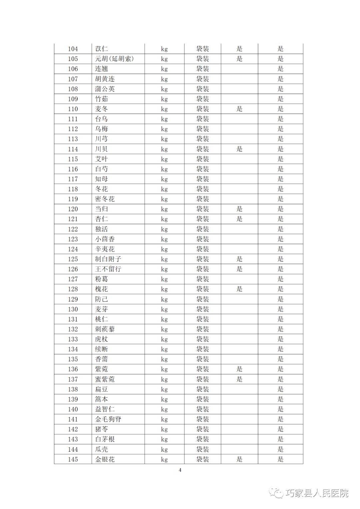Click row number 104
click(x=73, y=49)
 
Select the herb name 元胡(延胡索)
click(x=114, y=59)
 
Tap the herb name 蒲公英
click(x=105, y=89)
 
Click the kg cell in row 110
click(x=164, y=109)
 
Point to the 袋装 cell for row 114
click(x=202, y=149)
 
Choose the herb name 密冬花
click(x=105, y=199)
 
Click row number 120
click(x=73, y=209)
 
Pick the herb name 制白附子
click(x=108, y=259)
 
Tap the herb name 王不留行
click(x=108, y=269)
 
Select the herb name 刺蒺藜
click(x=105, y=329)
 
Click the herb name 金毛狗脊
click(x=108, y=419)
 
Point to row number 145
click(x=73, y=459)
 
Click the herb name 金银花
click(x=105, y=459)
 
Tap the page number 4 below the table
click(x=180, y=470)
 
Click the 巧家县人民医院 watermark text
click(x=317, y=493)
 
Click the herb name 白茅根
click(x=105, y=439)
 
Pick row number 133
click(x=73, y=339)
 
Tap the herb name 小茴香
click(x=105, y=239)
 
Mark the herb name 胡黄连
click(x=105, y=79)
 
